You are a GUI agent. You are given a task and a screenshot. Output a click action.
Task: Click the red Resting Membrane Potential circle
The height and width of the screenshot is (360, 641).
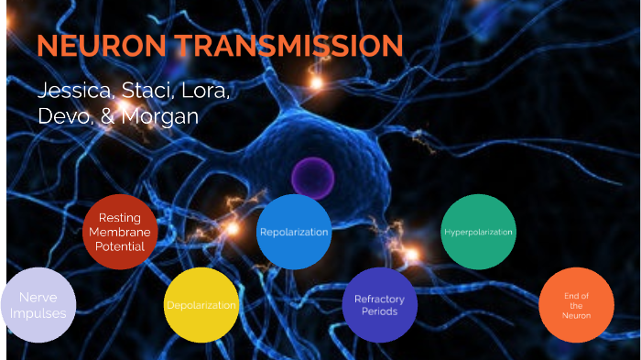(x=120, y=232)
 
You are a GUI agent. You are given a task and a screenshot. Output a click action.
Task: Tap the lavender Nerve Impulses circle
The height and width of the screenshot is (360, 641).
(x=38, y=306)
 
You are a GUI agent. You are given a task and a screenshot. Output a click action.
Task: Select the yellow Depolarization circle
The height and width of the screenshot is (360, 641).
(x=201, y=305)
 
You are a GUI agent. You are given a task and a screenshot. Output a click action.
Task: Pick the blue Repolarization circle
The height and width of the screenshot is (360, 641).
(x=294, y=232)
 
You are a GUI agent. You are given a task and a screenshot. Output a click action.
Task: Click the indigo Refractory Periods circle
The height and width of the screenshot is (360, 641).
(x=379, y=305)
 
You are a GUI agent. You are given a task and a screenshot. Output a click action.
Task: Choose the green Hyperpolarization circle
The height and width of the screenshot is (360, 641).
(x=478, y=232)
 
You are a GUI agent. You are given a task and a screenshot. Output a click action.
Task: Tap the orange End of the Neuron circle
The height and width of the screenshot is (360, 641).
(x=576, y=305)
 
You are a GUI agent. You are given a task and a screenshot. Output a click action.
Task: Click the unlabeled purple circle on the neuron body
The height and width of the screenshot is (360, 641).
(x=310, y=177)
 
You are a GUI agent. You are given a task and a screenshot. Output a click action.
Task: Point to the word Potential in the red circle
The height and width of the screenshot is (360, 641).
(x=120, y=247)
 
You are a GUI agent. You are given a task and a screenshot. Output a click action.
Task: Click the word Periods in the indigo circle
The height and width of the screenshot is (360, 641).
(x=379, y=312)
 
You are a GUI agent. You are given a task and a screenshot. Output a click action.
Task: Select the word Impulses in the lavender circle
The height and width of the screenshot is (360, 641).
(x=38, y=313)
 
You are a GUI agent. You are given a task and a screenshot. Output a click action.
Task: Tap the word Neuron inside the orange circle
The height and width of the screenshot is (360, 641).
(x=576, y=316)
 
